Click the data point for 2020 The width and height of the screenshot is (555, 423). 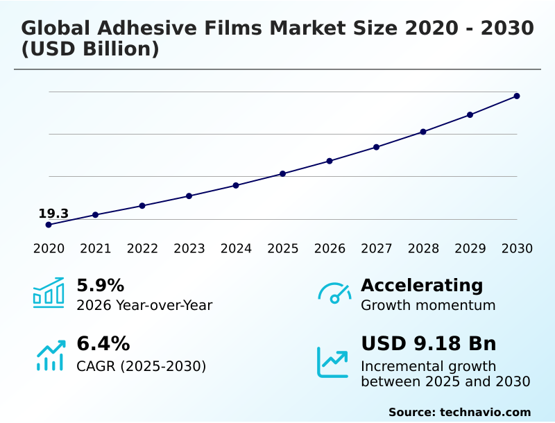point(49,225)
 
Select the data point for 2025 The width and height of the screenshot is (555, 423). point(282,173)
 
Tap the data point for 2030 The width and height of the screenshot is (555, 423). point(517,96)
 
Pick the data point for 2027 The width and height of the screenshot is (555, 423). point(376,147)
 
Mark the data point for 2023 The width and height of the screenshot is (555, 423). point(189,196)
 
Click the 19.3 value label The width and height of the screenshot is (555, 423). point(53,214)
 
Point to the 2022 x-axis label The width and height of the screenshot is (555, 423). point(142,248)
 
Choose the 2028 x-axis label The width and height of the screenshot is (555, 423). point(423,248)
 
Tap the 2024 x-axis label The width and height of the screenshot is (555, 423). point(236,248)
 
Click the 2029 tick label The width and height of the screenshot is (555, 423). point(470,248)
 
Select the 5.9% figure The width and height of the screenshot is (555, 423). point(100,285)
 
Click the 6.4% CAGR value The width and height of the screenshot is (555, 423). point(103,343)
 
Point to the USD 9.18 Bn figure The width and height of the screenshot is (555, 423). point(429,343)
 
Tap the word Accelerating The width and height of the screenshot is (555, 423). point(422,285)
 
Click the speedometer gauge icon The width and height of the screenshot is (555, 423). point(334,293)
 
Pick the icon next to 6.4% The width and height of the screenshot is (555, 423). point(50,355)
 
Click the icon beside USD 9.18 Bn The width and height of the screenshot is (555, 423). point(333,362)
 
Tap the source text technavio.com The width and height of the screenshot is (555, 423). point(485,412)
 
